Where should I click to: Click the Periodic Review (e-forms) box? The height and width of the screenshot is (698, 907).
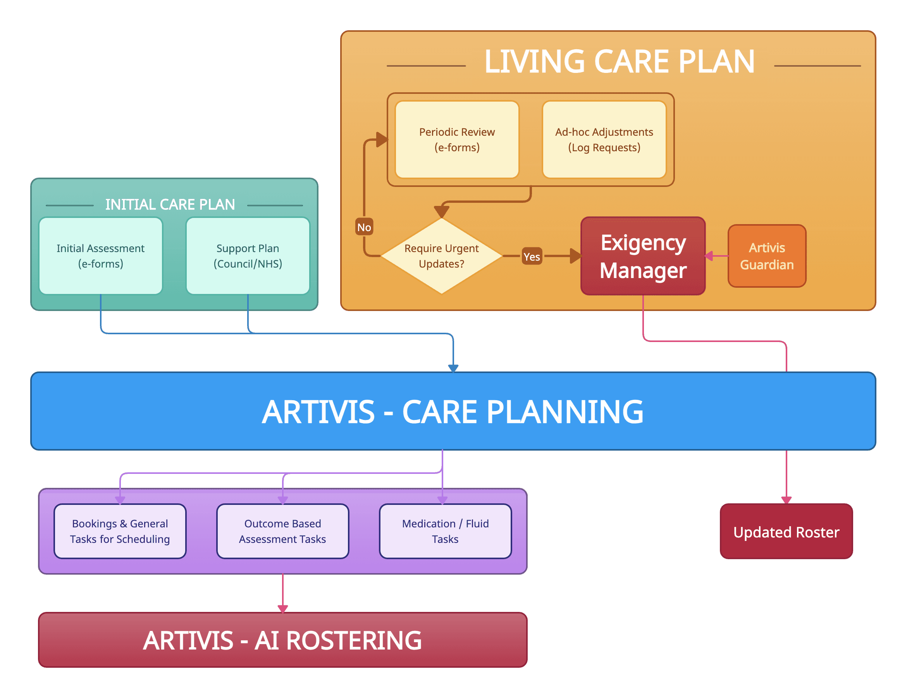[457, 140]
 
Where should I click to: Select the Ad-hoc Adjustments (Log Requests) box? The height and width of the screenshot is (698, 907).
[604, 140]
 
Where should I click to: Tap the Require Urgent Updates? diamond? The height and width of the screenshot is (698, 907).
[441, 256]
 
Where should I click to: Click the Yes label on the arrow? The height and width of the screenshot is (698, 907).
[532, 257]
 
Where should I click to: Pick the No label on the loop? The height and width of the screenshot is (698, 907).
[364, 227]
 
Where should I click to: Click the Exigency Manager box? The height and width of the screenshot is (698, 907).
[643, 256]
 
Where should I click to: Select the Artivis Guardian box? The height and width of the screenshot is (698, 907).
[767, 256]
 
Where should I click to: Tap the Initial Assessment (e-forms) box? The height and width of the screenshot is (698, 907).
[100, 256]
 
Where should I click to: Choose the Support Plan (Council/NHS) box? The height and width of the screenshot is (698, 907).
[248, 256]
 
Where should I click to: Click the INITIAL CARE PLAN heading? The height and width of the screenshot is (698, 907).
[170, 204]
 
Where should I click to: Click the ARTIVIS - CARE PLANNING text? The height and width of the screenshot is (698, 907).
[453, 411]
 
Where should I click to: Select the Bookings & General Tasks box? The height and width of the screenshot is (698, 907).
[120, 531]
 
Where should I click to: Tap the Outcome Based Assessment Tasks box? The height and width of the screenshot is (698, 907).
[282, 531]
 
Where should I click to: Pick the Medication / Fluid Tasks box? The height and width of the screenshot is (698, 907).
[445, 531]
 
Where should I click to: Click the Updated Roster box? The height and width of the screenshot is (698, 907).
[786, 532]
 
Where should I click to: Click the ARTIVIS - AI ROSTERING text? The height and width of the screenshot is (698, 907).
[282, 640]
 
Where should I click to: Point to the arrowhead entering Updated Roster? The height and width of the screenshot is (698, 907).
[786, 500]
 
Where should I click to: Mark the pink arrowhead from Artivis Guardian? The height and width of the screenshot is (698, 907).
[709, 256]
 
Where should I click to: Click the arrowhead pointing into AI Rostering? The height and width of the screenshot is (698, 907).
[283, 609]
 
